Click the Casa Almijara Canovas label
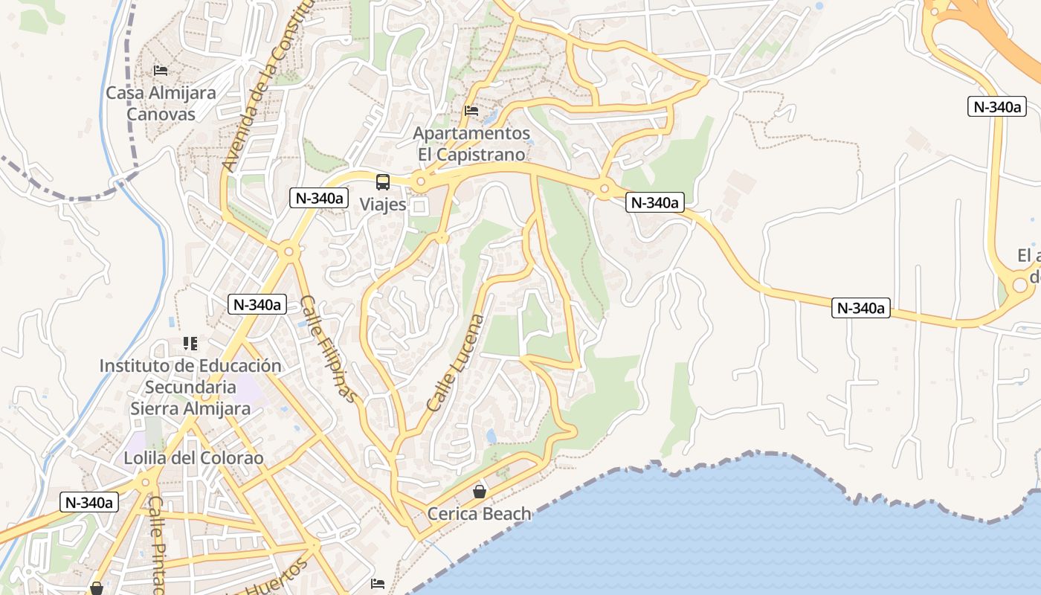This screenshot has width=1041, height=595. (161, 103)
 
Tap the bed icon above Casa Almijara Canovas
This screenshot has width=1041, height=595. (161, 71)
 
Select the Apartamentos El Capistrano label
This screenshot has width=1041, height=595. (471, 144)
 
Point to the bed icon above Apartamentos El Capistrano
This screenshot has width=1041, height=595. (471, 111)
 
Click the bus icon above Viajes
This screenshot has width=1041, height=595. (383, 181)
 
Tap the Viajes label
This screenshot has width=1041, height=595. (383, 204)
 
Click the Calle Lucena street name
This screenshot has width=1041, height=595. (456, 363)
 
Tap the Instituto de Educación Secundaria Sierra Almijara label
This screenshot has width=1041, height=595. (190, 387)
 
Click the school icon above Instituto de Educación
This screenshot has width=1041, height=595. (190, 344)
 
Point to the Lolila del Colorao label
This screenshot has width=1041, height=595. (194, 457)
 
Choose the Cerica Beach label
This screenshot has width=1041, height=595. (480, 513)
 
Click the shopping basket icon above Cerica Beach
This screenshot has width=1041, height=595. (480, 492)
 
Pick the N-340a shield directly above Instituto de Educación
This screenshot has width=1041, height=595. (257, 303)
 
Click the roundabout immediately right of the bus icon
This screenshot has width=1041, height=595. (421, 181)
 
